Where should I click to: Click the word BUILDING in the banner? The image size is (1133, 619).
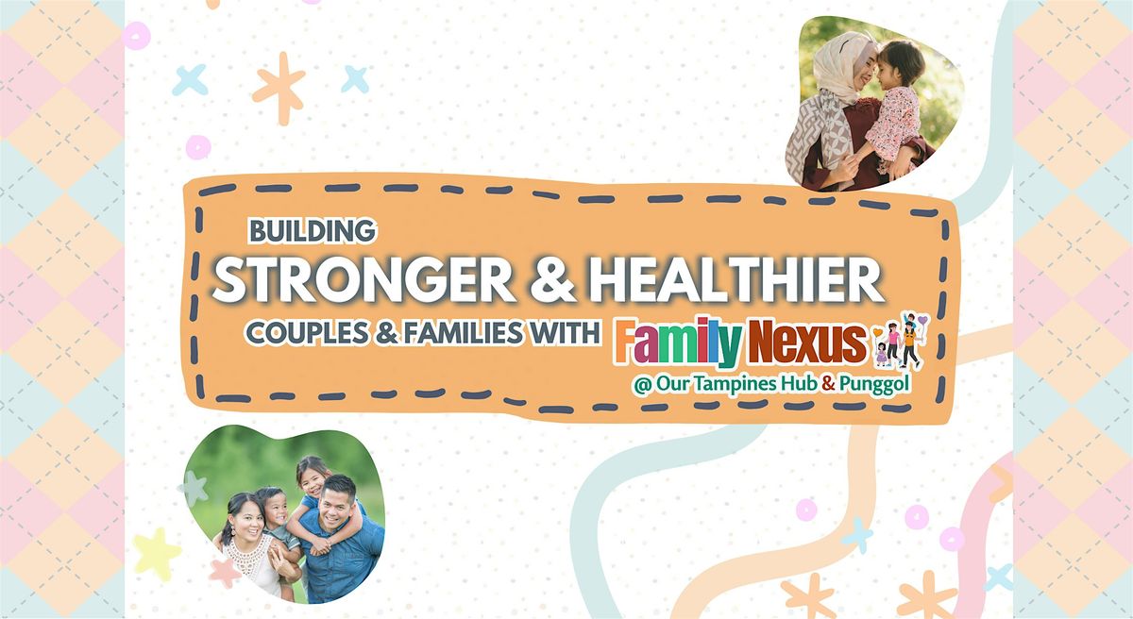point(313,230)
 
